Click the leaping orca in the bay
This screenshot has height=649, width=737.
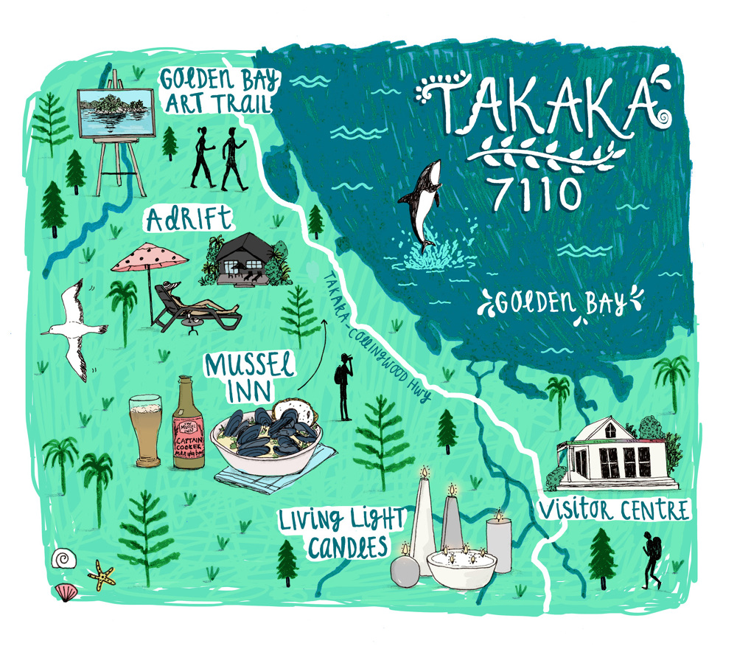coord(422,199)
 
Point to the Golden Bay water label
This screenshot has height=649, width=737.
coord(560,302)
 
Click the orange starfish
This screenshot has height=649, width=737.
coord(100,574)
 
